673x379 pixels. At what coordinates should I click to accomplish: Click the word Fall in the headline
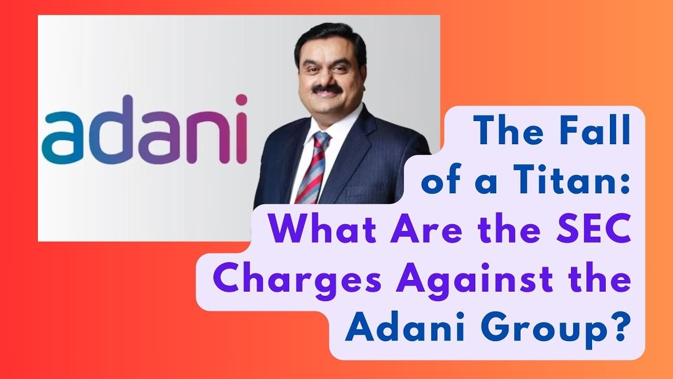[587, 131]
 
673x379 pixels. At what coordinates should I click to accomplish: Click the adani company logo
[145, 130]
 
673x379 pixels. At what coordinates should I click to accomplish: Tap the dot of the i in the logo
[241, 100]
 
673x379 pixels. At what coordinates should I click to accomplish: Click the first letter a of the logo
[62, 138]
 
